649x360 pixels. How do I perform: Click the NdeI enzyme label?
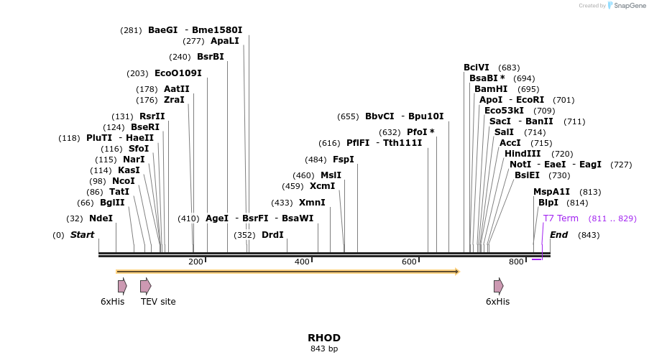101,218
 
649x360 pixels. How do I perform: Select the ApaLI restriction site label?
224,41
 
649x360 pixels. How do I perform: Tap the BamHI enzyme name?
491,89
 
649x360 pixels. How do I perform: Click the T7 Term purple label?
561,218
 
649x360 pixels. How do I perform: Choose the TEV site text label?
158,302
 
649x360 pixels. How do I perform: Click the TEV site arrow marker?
145,286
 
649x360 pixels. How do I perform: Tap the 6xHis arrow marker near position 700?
498,286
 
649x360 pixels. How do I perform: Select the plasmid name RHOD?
324,338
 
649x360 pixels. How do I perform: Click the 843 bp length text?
324,349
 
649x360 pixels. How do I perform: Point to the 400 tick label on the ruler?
302,262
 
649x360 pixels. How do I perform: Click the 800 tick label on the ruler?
516,262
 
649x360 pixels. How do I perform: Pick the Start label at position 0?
82,235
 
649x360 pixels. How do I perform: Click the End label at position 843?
558,235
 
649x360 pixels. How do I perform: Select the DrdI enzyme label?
272,235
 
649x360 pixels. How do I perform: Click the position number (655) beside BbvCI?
348,116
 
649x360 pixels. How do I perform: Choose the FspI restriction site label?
344,160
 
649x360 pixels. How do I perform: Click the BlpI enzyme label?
548,203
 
